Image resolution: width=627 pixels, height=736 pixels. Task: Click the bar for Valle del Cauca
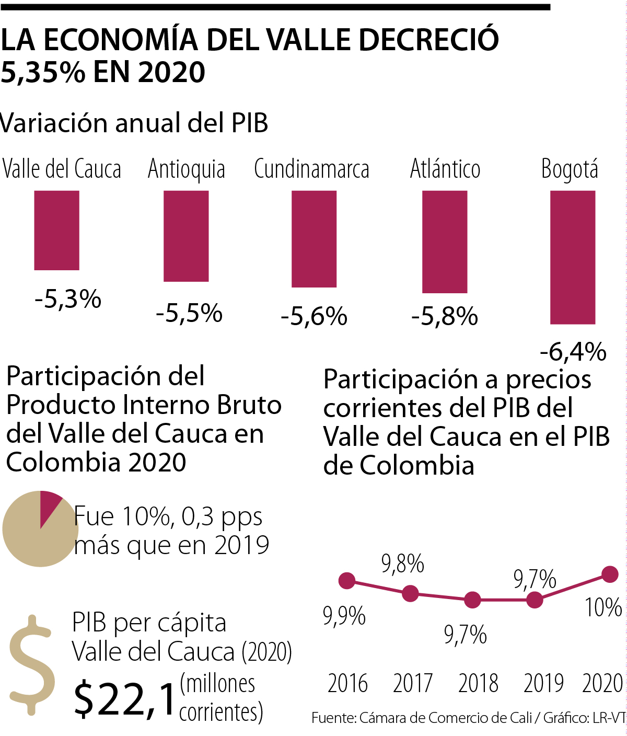click(x=56, y=230)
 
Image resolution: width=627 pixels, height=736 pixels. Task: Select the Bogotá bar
click(x=573, y=257)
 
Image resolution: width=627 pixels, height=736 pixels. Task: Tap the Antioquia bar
click(x=186, y=236)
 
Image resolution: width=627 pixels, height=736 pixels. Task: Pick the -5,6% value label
click(x=314, y=317)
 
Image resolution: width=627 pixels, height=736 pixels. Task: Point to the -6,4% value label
click(x=573, y=352)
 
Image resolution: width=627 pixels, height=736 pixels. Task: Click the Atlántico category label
click(x=445, y=169)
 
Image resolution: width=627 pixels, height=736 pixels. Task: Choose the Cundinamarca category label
click(x=311, y=169)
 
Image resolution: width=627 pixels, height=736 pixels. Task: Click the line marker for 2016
click(x=347, y=580)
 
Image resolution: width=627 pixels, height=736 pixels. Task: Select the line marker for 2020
click(x=610, y=574)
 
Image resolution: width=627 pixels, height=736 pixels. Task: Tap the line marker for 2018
click(x=472, y=600)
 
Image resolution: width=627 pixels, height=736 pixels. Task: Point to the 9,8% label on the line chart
click(x=402, y=564)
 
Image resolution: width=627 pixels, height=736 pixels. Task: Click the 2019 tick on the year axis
click(x=543, y=683)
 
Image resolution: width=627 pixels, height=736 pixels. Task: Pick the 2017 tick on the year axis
click(x=413, y=683)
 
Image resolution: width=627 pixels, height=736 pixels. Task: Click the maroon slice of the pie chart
click(x=49, y=504)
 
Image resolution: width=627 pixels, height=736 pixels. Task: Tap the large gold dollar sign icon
click(x=32, y=664)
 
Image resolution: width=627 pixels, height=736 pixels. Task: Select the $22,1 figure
click(x=124, y=699)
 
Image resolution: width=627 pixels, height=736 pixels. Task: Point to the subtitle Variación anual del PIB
click(x=134, y=123)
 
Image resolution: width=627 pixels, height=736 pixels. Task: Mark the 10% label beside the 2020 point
click(x=603, y=607)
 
